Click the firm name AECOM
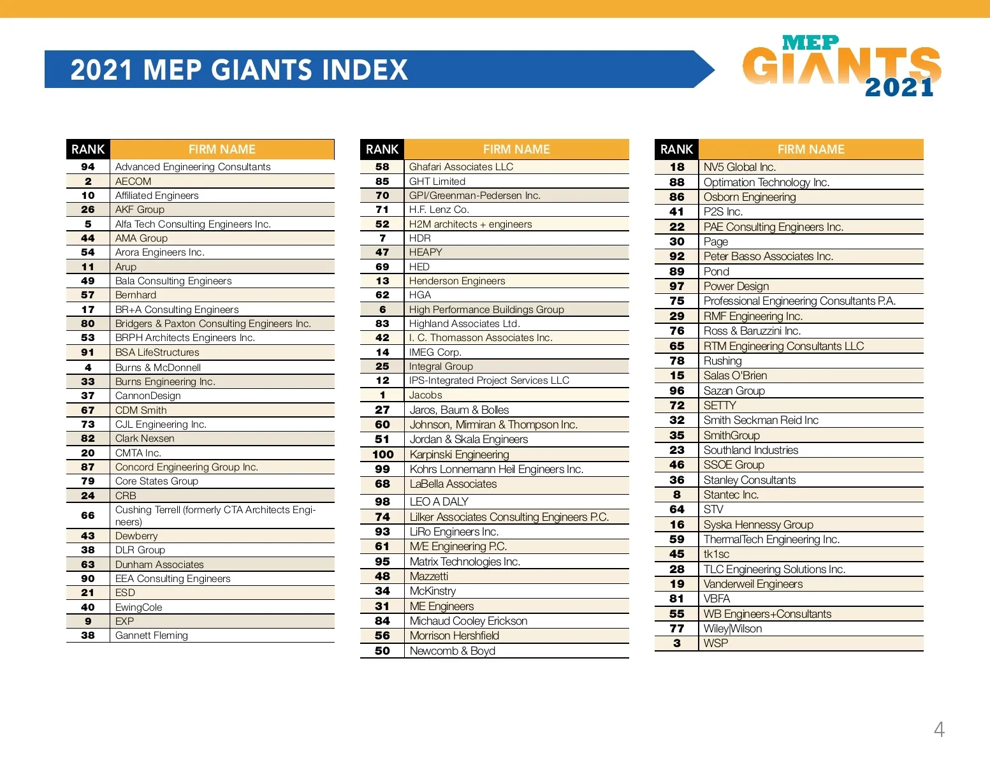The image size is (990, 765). [133, 181]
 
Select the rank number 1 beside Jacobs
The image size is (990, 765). [382, 395]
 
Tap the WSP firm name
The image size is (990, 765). [715, 643]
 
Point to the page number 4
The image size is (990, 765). [938, 729]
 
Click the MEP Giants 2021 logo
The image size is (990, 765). [841, 66]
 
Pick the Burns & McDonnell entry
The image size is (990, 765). [158, 367]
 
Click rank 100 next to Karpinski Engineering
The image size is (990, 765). [382, 455]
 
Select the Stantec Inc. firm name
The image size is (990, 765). [731, 495]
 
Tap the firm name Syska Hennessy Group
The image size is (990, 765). [758, 525]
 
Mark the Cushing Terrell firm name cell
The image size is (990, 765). [215, 515]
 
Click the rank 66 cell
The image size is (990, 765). [88, 515]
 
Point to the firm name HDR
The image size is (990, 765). [419, 238]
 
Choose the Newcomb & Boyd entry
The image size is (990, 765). [452, 651]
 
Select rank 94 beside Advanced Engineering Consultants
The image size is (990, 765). [88, 167]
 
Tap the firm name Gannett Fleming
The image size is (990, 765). [152, 635]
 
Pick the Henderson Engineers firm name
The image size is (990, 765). [456, 280]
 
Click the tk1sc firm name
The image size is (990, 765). [716, 554]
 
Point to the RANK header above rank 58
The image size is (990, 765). [382, 149]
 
